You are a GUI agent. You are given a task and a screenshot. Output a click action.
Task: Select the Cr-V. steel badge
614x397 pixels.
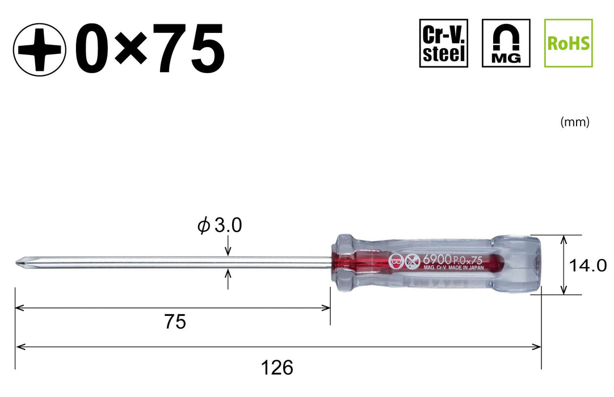pyautogui.click(x=443, y=43)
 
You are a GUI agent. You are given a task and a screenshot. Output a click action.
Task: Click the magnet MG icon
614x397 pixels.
pyautogui.click(x=506, y=43)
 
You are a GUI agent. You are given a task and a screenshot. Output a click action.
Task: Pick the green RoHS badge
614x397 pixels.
pyautogui.click(x=568, y=43)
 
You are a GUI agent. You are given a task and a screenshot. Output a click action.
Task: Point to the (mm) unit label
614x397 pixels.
pyautogui.click(x=574, y=122)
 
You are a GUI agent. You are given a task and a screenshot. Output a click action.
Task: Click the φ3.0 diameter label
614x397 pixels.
pyautogui.click(x=219, y=226)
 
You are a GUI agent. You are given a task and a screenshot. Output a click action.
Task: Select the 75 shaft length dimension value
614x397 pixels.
pyautogui.click(x=175, y=322)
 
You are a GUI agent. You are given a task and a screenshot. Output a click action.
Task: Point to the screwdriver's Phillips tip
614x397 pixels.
pyautogui.click(x=19, y=263)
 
